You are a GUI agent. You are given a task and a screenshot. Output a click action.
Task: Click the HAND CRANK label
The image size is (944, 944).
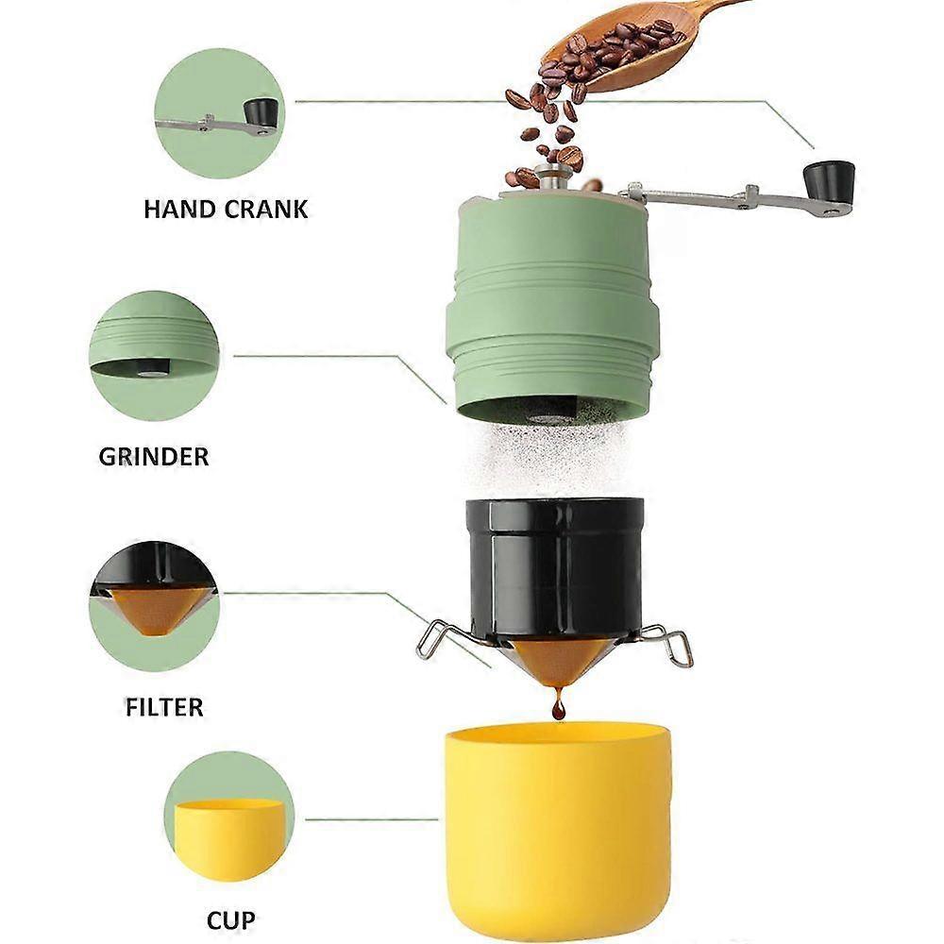(x=226, y=209)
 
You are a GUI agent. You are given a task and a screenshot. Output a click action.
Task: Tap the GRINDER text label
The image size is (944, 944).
(x=154, y=457)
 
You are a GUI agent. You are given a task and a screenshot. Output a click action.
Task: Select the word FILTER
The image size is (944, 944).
(x=163, y=706)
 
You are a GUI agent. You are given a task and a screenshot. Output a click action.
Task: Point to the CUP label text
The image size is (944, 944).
(x=230, y=919)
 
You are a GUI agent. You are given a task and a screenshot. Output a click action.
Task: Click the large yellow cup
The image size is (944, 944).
(x=557, y=821)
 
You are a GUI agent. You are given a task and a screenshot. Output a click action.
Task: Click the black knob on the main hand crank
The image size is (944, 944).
(x=830, y=178)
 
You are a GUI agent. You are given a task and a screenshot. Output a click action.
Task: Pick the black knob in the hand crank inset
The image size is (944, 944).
(x=262, y=112)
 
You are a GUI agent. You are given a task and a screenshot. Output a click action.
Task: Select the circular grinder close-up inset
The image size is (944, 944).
(x=154, y=355)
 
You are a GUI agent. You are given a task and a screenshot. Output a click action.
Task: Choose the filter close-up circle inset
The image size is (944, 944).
(x=154, y=605)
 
